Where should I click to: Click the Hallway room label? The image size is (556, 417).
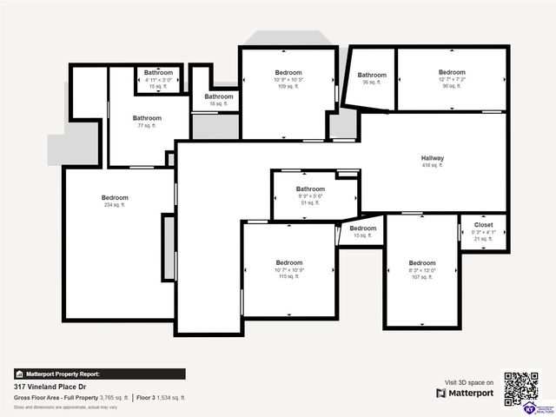pyautogui.click(x=433, y=158)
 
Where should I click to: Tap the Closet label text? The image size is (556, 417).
pyautogui.click(x=483, y=225)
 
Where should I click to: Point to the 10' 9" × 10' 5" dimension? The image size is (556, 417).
pyautogui.click(x=288, y=80)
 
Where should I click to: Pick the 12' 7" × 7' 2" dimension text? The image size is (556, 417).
pyautogui.click(x=452, y=79)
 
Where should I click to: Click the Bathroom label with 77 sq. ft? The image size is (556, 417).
pyautogui.click(x=147, y=118)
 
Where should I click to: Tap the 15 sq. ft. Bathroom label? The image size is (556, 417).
pyautogui.click(x=158, y=73)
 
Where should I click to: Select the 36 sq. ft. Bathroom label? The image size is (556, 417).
pyautogui.click(x=372, y=76)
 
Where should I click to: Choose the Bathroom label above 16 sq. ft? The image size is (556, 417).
pyautogui.click(x=219, y=96)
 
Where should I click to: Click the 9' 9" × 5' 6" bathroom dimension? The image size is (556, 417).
pyautogui.click(x=310, y=196)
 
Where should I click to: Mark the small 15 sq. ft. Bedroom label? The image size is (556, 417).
pyautogui.click(x=362, y=228)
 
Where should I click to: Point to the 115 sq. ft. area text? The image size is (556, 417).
pyautogui.click(x=289, y=276)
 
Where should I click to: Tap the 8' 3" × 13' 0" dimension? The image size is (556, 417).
pyautogui.click(x=422, y=270)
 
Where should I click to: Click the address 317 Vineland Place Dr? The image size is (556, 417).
pyautogui.click(x=51, y=386)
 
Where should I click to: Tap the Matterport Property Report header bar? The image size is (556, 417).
pyautogui.click(x=99, y=374)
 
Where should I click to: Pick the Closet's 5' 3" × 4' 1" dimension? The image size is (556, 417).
pyautogui.click(x=483, y=232)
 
